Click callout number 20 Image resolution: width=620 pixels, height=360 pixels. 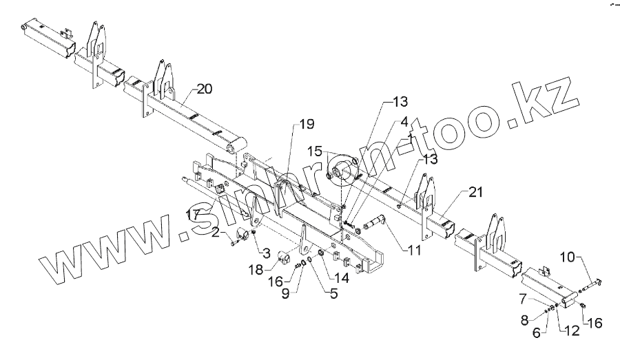coord(205,88)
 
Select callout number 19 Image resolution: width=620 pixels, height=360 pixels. coord(306,125)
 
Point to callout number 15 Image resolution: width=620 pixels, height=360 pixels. coord(314,150)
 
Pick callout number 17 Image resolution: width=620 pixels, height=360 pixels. coord(194,214)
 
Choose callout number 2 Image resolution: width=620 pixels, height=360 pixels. coord(216,234)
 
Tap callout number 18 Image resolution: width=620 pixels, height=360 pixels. coord(256,270)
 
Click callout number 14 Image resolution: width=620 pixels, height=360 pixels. coord(340,278)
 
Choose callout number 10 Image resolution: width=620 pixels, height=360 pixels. coord(566,257)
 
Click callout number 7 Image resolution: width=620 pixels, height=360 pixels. coord(524,298)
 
